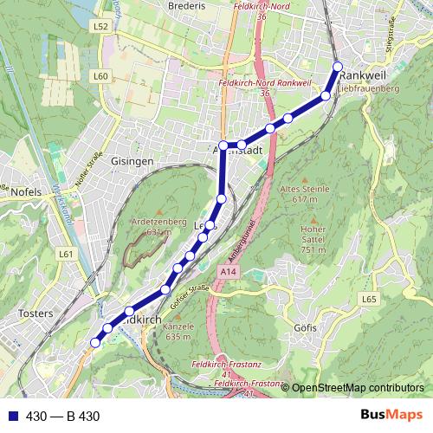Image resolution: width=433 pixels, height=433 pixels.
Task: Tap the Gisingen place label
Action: [x=133, y=161]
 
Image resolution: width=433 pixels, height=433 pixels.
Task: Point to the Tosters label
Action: [x=36, y=313]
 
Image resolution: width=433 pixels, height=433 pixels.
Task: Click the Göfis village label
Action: [x=306, y=328]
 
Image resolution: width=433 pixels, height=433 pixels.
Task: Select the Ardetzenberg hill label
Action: [x=158, y=222]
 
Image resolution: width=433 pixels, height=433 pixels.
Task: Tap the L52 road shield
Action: [x=101, y=27]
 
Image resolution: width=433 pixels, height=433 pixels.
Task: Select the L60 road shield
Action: [x=101, y=76]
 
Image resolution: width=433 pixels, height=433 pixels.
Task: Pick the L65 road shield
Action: [x=370, y=299]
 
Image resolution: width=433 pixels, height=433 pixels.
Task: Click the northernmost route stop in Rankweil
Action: [x=338, y=67]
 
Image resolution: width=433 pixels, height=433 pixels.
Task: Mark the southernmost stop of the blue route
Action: [x=95, y=342]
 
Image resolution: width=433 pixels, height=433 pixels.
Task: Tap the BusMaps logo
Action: [x=391, y=416]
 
